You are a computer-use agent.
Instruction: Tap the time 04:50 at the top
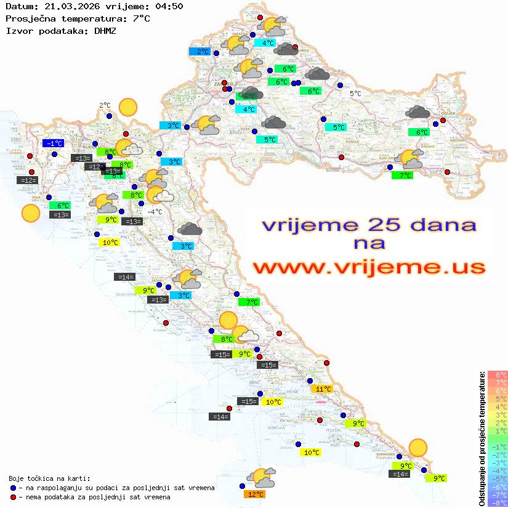[x=167, y=7]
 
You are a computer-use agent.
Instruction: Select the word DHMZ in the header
[x=105, y=30]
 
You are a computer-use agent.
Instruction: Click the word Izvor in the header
[x=18, y=30]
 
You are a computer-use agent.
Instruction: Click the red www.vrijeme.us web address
[x=369, y=267]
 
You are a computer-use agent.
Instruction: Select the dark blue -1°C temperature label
[x=53, y=143]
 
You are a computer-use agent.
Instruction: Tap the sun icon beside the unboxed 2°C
[x=128, y=107]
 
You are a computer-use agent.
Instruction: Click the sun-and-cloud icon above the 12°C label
[x=261, y=477]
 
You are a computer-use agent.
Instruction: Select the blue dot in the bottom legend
[x=13, y=488]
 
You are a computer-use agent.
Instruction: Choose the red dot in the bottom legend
[x=13, y=497]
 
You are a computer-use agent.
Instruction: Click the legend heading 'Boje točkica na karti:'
[x=49, y=478]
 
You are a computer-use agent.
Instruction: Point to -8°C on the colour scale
[x=498, y=503]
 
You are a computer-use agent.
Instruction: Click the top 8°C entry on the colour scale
[x=498, y=375]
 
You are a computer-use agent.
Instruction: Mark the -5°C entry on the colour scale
[x=498, y=479]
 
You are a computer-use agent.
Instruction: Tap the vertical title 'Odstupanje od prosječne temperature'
[x=482, y=438]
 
